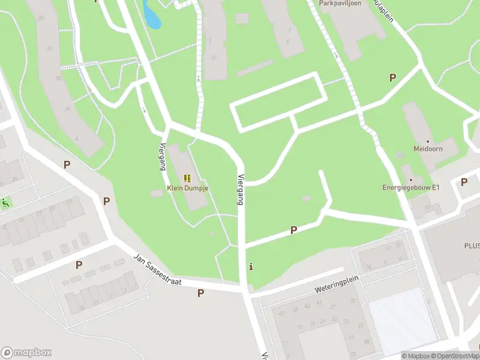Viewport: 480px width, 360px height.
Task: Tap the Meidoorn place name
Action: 427,149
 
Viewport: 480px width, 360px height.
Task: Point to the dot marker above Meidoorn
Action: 427,141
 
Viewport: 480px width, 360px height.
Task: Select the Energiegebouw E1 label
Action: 412,187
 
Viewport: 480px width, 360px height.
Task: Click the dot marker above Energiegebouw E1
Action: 411,179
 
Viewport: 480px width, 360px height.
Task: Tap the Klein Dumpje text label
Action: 187,187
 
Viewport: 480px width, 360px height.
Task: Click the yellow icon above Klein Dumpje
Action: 187,178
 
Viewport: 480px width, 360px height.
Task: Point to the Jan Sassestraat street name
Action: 157,269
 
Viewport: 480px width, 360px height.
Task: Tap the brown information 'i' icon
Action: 251,266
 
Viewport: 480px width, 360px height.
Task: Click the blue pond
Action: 152,14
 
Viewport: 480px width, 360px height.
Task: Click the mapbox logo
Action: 26,353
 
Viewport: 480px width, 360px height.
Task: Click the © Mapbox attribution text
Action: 415,356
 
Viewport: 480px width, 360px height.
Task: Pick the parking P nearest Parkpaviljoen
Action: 392,77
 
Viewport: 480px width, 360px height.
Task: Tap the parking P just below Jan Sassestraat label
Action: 200,293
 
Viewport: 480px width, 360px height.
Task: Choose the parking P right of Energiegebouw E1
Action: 464,182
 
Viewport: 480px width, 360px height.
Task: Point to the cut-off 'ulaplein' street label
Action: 383,11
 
